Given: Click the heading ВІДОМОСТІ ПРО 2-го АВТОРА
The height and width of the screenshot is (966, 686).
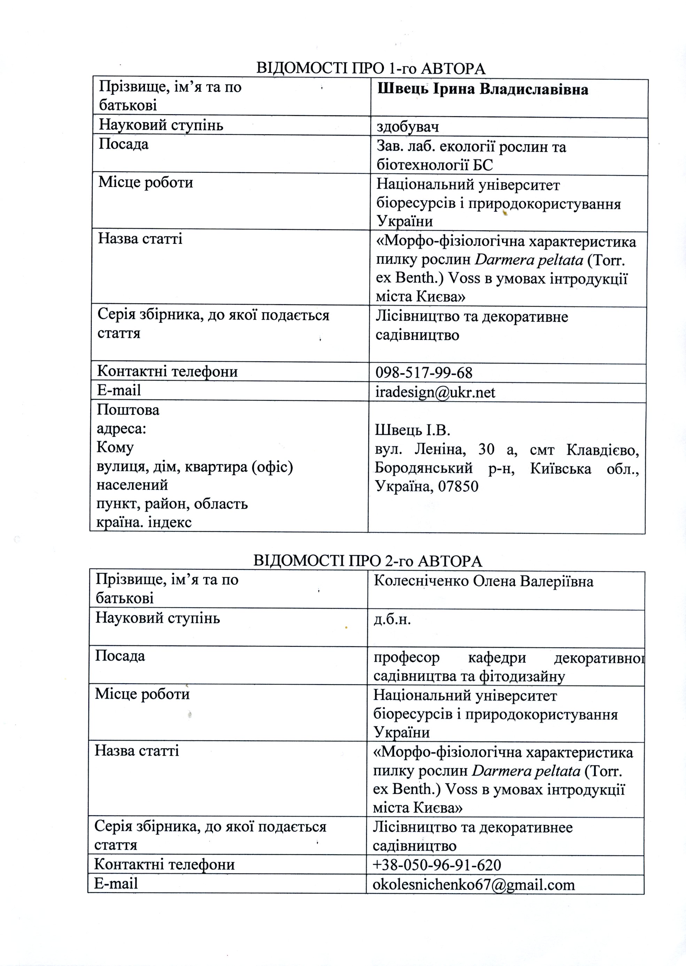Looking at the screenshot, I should click(368, 561).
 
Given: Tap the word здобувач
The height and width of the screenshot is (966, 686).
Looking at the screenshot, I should click(408, 127).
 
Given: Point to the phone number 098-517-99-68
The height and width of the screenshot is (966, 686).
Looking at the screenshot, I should click(424, 373).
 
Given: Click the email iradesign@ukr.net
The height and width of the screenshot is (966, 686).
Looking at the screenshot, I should click(435, 393).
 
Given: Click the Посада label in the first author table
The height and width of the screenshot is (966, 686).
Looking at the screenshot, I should click(123, 145).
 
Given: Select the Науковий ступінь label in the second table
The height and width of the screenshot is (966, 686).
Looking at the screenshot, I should click(157, 618).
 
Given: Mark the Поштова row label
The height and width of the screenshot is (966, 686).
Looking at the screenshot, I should click(128, 410).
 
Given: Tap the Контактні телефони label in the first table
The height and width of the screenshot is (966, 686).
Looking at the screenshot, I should click(167, 372).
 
